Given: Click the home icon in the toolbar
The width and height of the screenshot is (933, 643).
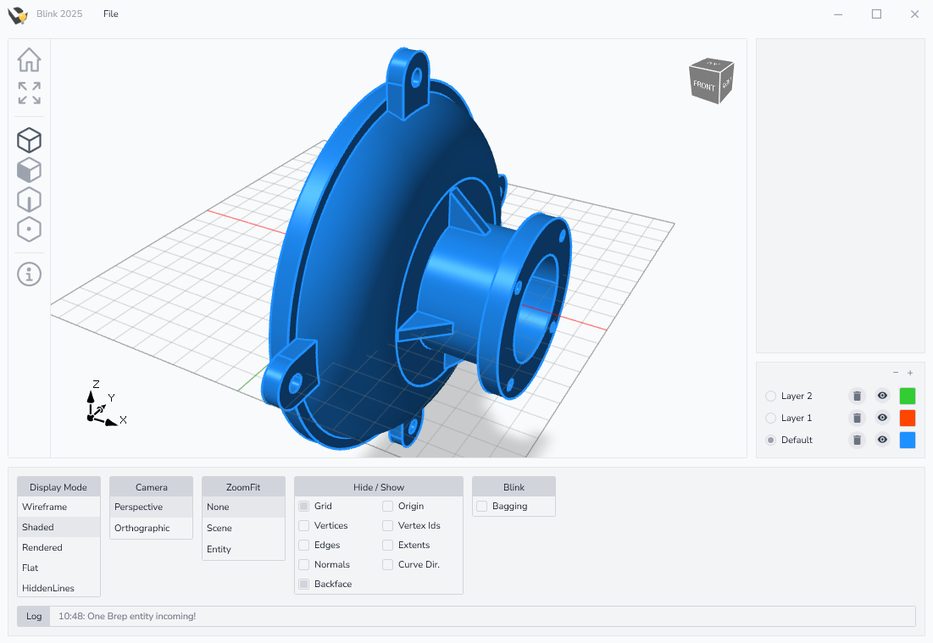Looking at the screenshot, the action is [29, 59].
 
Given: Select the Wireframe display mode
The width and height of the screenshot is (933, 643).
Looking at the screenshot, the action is [45, 507].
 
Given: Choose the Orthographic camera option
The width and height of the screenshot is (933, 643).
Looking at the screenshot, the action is [142, 528].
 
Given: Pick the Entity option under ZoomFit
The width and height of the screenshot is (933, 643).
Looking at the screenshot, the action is [219, 549].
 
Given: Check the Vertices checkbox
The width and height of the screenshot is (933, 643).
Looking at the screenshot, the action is [304, 526].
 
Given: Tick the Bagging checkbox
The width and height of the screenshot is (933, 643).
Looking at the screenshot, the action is [482, 507].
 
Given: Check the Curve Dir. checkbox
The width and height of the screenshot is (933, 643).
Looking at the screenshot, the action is [388, 564].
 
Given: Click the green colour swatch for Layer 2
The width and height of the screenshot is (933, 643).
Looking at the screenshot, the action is [908, 396].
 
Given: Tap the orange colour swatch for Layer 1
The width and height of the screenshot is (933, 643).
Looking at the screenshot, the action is [908, 418].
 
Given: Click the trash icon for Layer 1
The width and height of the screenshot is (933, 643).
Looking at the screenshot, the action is [857, 419].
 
